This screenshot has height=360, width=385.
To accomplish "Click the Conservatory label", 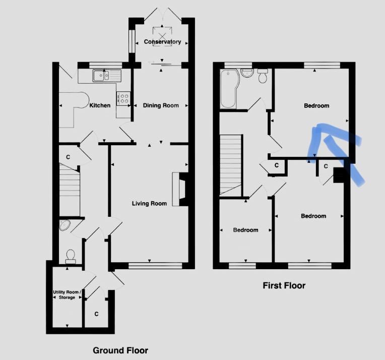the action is [x=162, y=42].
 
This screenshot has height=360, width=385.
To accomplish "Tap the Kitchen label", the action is [x=100, y=105].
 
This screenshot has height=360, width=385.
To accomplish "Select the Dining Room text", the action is [x=161, y=105].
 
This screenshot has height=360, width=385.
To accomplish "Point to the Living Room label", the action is [x=149, y=204].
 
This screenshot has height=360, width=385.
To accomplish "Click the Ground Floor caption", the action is [x=120, y=350].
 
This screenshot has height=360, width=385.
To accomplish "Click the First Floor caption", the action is [x=284, y=285].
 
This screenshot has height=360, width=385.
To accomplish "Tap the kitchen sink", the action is [x=107, y=75].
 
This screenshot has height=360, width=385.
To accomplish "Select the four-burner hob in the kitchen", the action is [x=123, y=98].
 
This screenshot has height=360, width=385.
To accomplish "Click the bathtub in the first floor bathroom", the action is [x=228, y=89].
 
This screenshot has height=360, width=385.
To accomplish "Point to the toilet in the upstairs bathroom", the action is [x=263, y=76].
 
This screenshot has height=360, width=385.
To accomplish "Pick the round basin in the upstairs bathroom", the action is [x=247, y=73].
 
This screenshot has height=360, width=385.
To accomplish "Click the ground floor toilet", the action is [x=71, y=257].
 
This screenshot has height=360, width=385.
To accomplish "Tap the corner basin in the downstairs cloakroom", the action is [x=65, y=225].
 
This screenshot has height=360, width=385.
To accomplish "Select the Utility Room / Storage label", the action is [x=67, y=294].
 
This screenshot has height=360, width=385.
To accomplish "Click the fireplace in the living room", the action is [x=180, y=189].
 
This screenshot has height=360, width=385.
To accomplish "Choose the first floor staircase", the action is [x=230, y=165].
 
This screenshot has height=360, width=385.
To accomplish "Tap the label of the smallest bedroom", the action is [x=245, y=230].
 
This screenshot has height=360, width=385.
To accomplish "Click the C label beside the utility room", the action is [x=96, y=314].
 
